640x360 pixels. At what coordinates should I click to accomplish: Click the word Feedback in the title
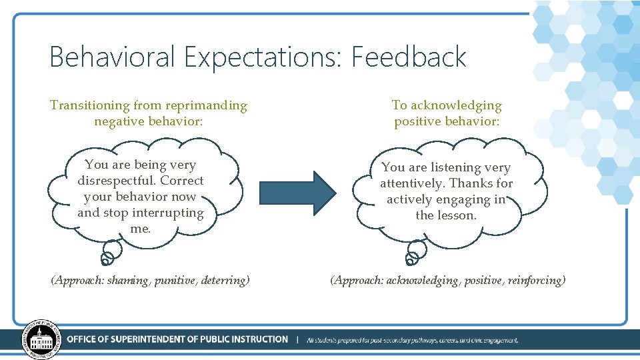coord(409,57)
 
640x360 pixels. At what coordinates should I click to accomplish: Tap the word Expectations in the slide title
coord(261,58)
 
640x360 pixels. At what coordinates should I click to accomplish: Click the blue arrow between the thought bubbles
coord(297,193)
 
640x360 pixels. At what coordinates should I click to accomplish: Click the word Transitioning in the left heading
coord(90,105)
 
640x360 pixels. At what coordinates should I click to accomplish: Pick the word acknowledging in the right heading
coord(456,105)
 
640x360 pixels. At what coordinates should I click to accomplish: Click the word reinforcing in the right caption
coord(535,281)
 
